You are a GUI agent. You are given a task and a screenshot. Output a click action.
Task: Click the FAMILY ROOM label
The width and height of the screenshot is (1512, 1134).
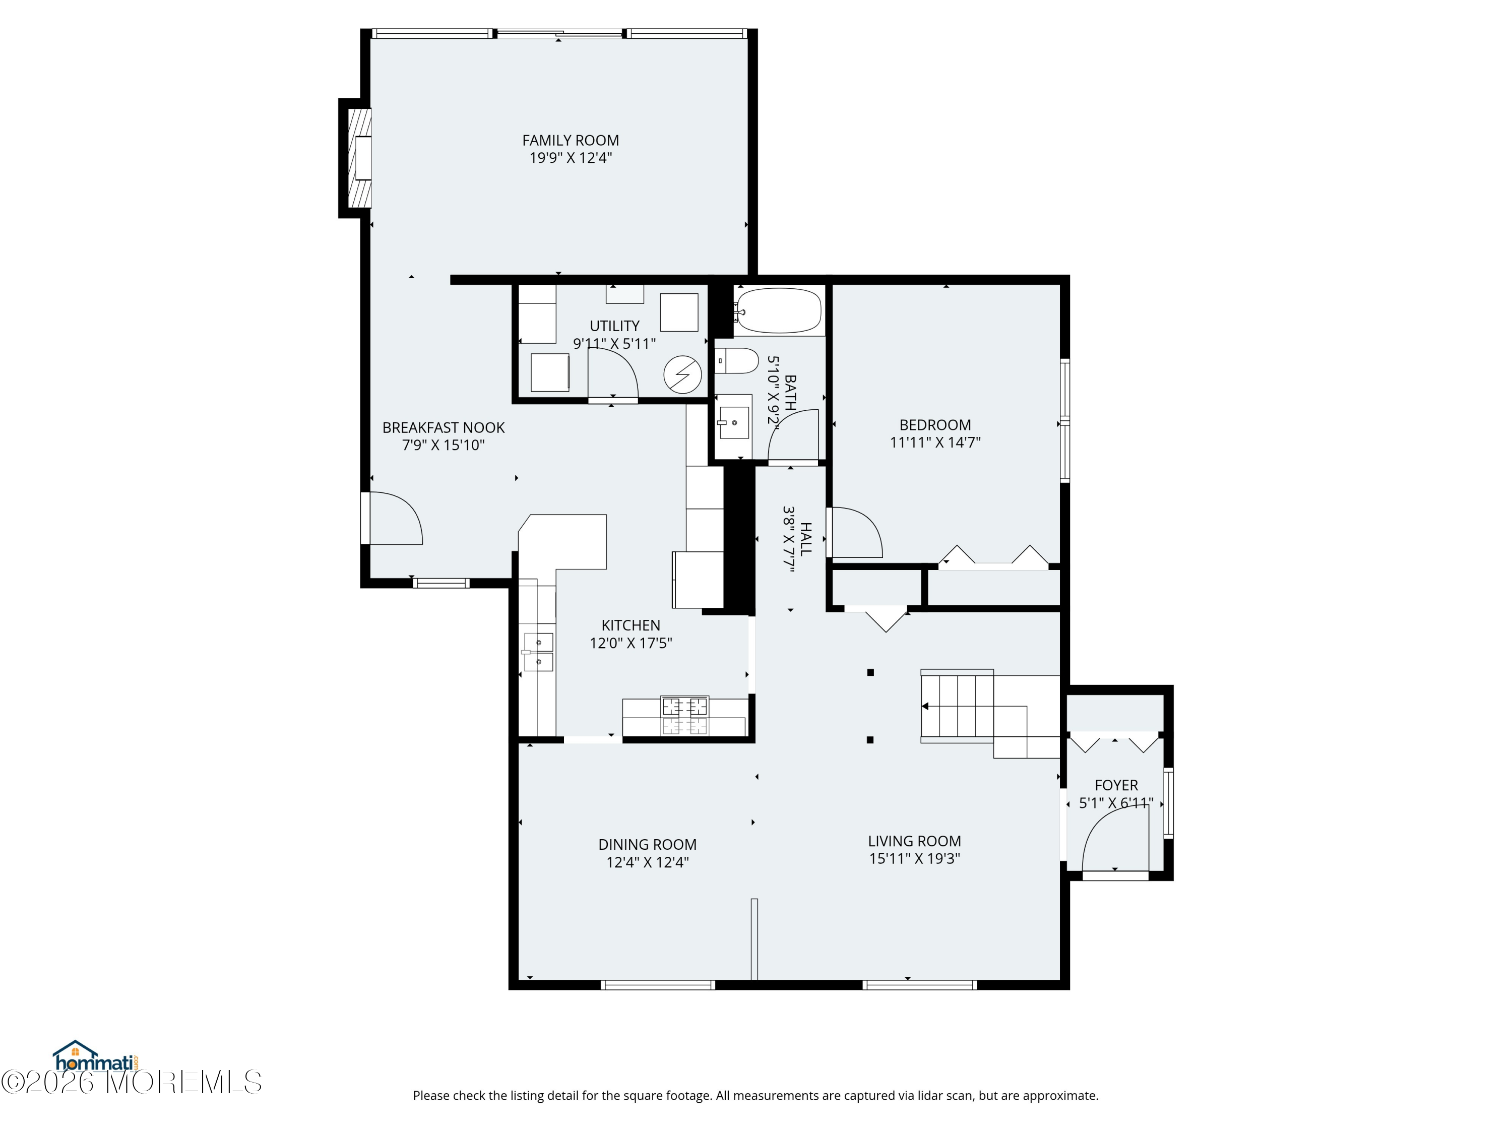[570, 140]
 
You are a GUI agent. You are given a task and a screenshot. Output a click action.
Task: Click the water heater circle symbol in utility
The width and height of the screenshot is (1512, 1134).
[683, 375]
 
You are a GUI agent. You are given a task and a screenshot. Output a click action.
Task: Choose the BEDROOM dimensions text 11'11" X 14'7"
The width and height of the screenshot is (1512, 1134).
[935, 442]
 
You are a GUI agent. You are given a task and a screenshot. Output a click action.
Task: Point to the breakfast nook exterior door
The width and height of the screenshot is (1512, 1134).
[392, 518]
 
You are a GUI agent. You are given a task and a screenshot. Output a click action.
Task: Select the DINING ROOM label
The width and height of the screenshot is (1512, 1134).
[647, 845]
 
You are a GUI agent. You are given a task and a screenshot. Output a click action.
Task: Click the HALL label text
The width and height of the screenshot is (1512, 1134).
[806, 539]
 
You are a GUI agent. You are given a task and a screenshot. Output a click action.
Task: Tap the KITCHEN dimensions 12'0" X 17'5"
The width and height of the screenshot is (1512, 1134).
[631, 643]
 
